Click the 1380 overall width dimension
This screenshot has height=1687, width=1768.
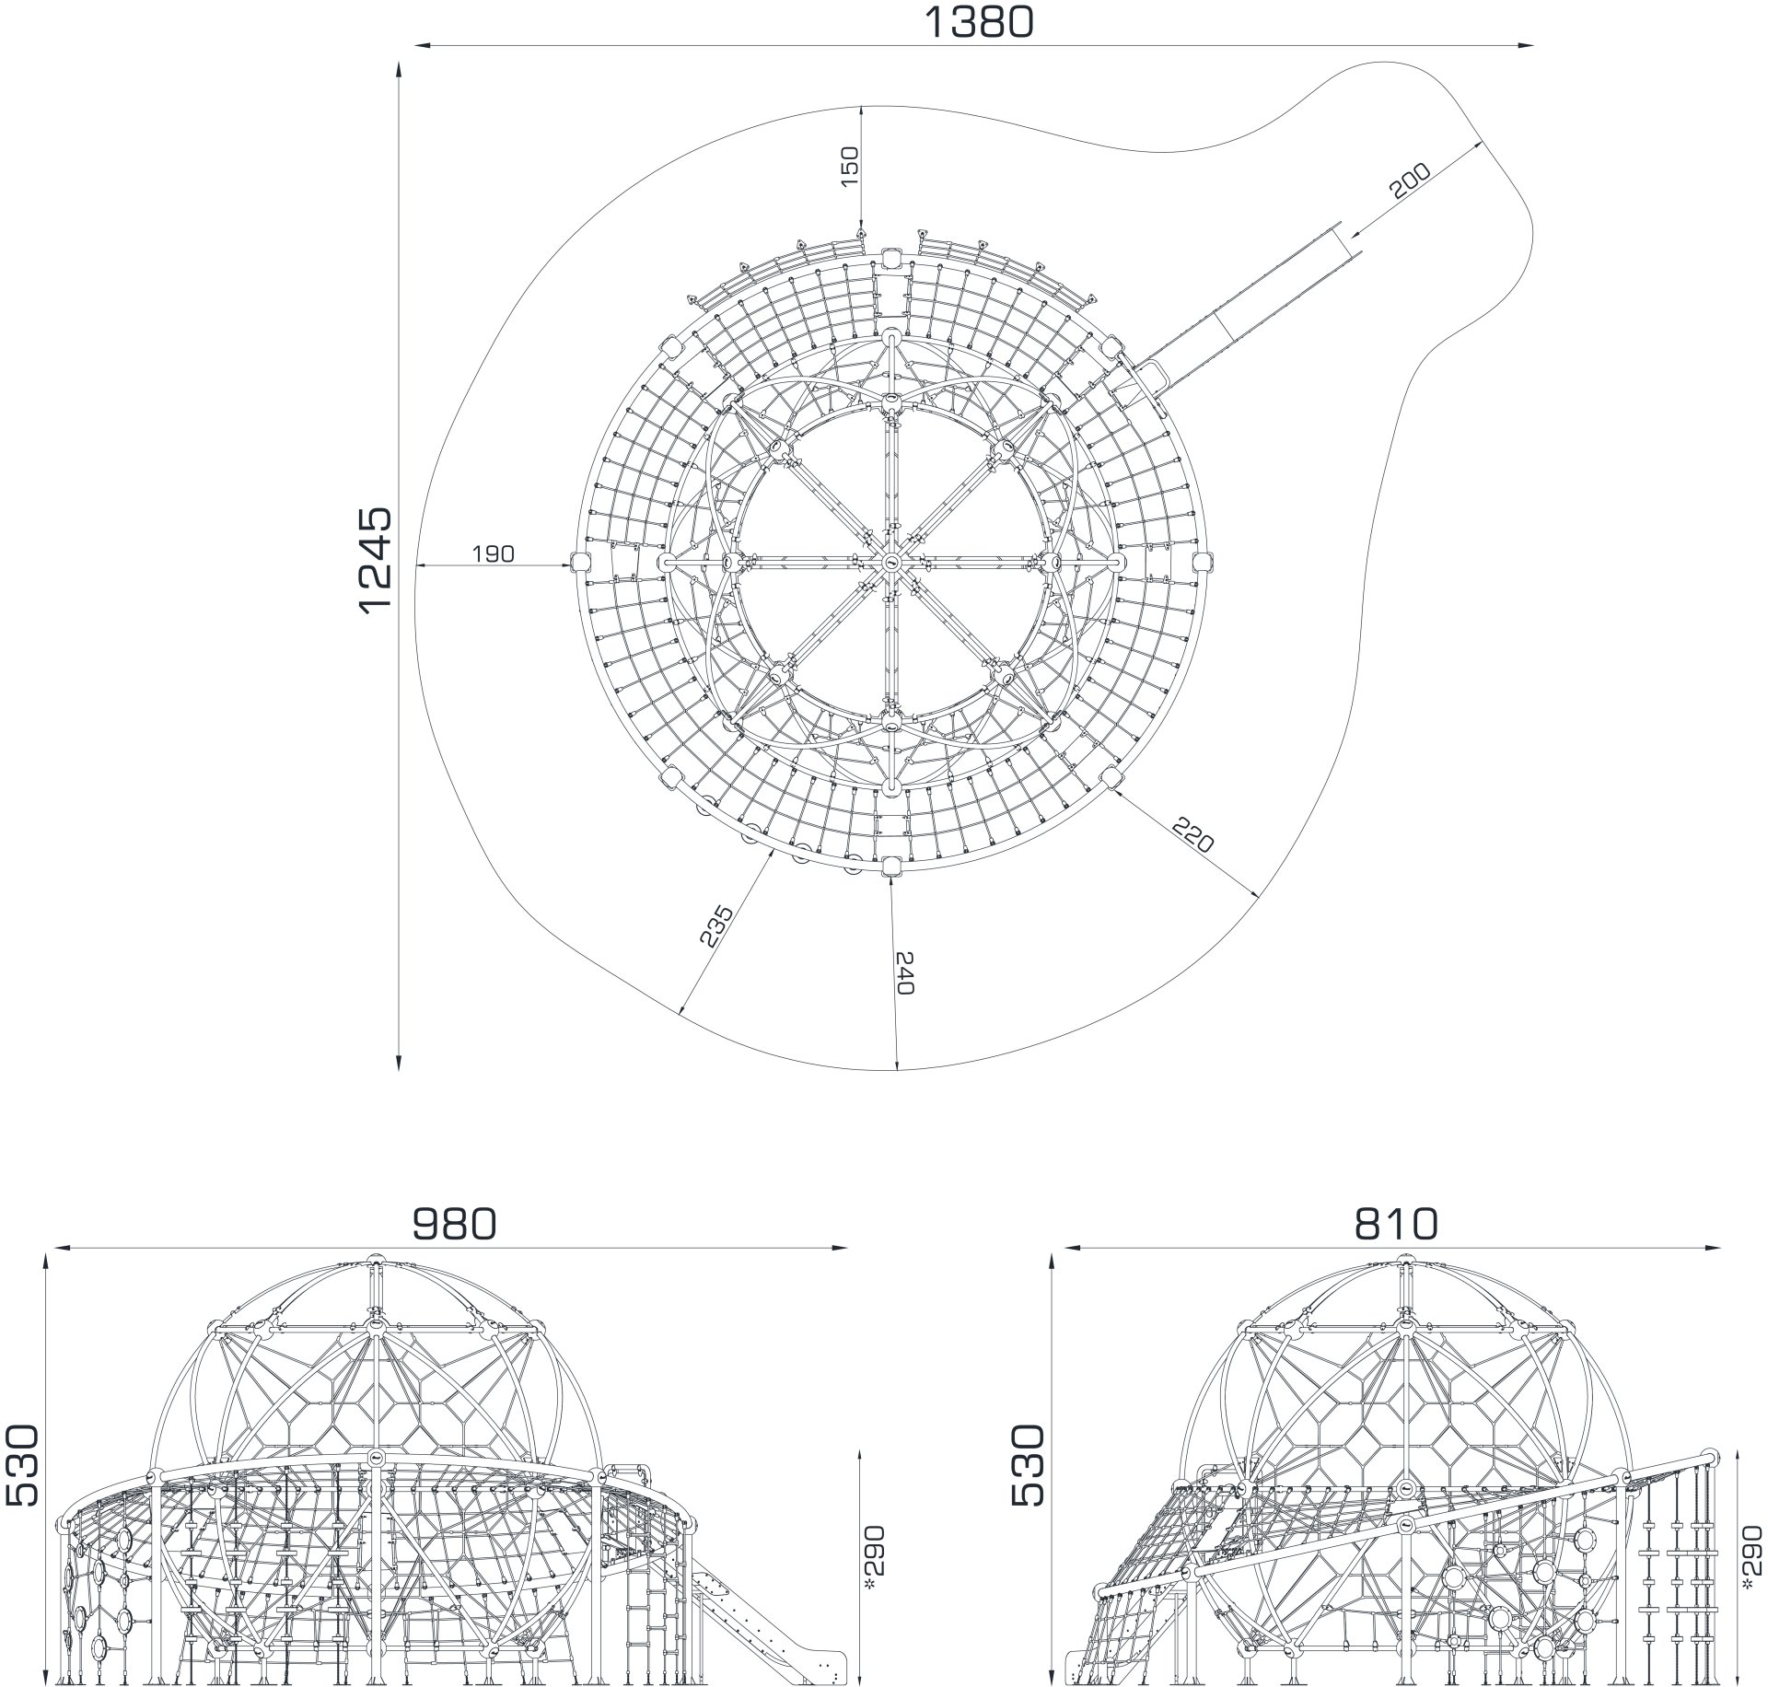(x=978, y=21)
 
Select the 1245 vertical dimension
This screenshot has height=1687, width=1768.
(x=376, y=559)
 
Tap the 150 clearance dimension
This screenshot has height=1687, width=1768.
(x=850, y=167)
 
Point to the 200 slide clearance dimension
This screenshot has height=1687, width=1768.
(x=1410, y=181)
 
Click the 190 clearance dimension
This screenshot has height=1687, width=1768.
(x=494, y=553)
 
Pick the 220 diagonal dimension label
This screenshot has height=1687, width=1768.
(x=1193, y=834)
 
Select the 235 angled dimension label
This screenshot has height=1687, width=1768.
(x=716, y=926)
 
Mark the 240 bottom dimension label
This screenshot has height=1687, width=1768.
(x=903, y=973)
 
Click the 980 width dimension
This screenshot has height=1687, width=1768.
(x=454, y=1224)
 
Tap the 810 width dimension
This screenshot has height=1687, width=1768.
(x=1396, y=1224)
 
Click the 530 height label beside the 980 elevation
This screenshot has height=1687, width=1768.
(x=23, y=1465)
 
